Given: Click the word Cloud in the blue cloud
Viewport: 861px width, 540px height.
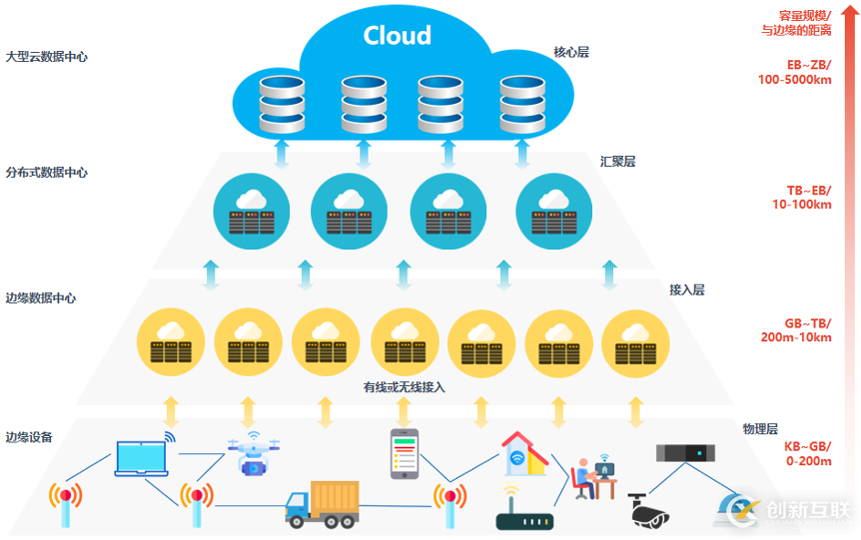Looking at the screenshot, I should point(397,36).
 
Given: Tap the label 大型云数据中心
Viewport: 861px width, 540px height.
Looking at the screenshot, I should point(46,57).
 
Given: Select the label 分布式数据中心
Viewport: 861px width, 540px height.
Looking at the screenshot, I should point(46,173).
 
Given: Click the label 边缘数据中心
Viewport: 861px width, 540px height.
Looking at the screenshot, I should point(40,298).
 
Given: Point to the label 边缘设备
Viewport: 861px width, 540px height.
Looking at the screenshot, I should point(28,437).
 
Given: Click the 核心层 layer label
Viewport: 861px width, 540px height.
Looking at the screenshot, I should point(571,52).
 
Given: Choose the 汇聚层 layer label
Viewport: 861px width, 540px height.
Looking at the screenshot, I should point(617,161).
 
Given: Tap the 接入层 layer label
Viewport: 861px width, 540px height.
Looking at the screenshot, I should point(686,289).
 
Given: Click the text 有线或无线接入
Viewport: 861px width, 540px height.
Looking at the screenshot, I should point(404,386).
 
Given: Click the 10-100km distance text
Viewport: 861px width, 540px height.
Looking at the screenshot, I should point(795,205).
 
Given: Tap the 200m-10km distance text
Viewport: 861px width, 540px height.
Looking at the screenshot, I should point(795,337).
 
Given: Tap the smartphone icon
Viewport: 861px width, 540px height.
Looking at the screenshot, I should point(404,454).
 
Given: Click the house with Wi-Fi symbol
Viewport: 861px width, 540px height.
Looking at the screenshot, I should point(522,453).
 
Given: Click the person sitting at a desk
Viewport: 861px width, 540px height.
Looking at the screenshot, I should point(589,477).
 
